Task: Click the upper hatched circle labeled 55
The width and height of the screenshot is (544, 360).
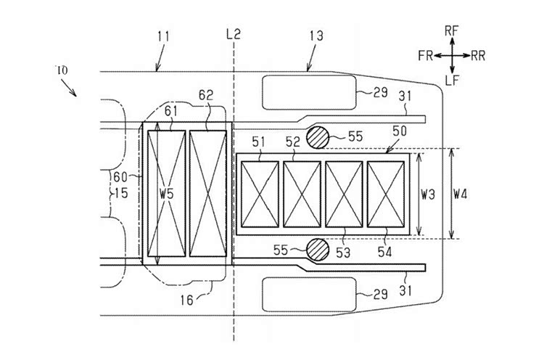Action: click(x=318, y=137)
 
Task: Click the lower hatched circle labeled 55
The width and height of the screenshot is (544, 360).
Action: click(x=318, y=250)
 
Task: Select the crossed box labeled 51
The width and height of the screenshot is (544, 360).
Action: click(x=260, y=194)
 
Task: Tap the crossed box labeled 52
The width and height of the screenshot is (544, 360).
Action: click(x=302, y=194)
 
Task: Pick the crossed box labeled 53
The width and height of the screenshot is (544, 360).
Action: click(x=344, y=194)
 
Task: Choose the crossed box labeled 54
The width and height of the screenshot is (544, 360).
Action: click(x=386, y=194)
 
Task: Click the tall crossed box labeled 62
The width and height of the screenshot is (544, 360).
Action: click(x=208, y=193)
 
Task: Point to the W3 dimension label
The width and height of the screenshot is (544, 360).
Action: click(x=428, y=195)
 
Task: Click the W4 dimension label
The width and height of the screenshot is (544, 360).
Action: click(x=461, y=195)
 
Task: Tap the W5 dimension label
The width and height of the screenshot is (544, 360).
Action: click(x=167, y=194)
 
